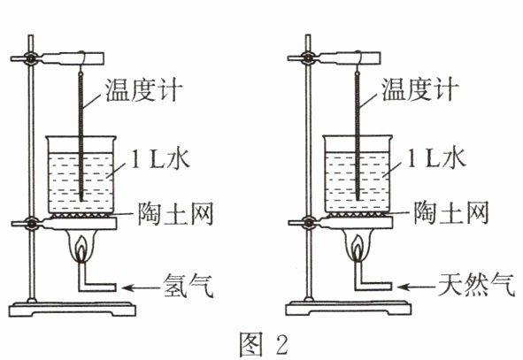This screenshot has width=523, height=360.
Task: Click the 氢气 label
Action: pyautogui.click(x=188, y=286)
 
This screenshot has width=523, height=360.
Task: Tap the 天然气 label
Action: pyautogui.click(x=477, y=285)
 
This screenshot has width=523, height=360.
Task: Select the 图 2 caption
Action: pyautogui.click(x=264, y=345)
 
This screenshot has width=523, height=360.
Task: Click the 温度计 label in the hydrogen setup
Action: pyautogui.click(x=144, y=89)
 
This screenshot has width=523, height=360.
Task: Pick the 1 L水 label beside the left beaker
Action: pyautogui.click(x=160, y=158)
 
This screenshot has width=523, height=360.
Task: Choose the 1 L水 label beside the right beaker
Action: pyautogui.click(x=436, y=158)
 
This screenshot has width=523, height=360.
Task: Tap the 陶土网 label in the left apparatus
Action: pyautogui.click(x=176, y=213)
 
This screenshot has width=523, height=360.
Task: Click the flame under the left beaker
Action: pyautogui.click(x=81, y=248)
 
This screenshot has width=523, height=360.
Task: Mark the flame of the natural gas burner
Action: pyautogui.click(x=358, y=248)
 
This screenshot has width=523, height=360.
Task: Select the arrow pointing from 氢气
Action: pyautogui.click(x=141, y=287)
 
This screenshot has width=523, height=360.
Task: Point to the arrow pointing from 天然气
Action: pyautogui.click(x=416, y=287)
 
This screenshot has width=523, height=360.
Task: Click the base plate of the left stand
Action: pyautogui.click(x=72, y=310)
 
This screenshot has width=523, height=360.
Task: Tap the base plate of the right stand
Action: pyautogui.click(x=348, y=309)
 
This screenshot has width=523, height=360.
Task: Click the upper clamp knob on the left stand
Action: pyautogui.click(x=31, y=59)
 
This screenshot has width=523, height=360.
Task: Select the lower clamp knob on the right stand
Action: pyautogui.click(x=308, y=223)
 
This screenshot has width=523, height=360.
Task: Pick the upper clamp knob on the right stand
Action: pyautogui.click(x=308, y=58)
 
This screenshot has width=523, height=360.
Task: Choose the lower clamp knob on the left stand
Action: pyautogui.click(x=31, y=224)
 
